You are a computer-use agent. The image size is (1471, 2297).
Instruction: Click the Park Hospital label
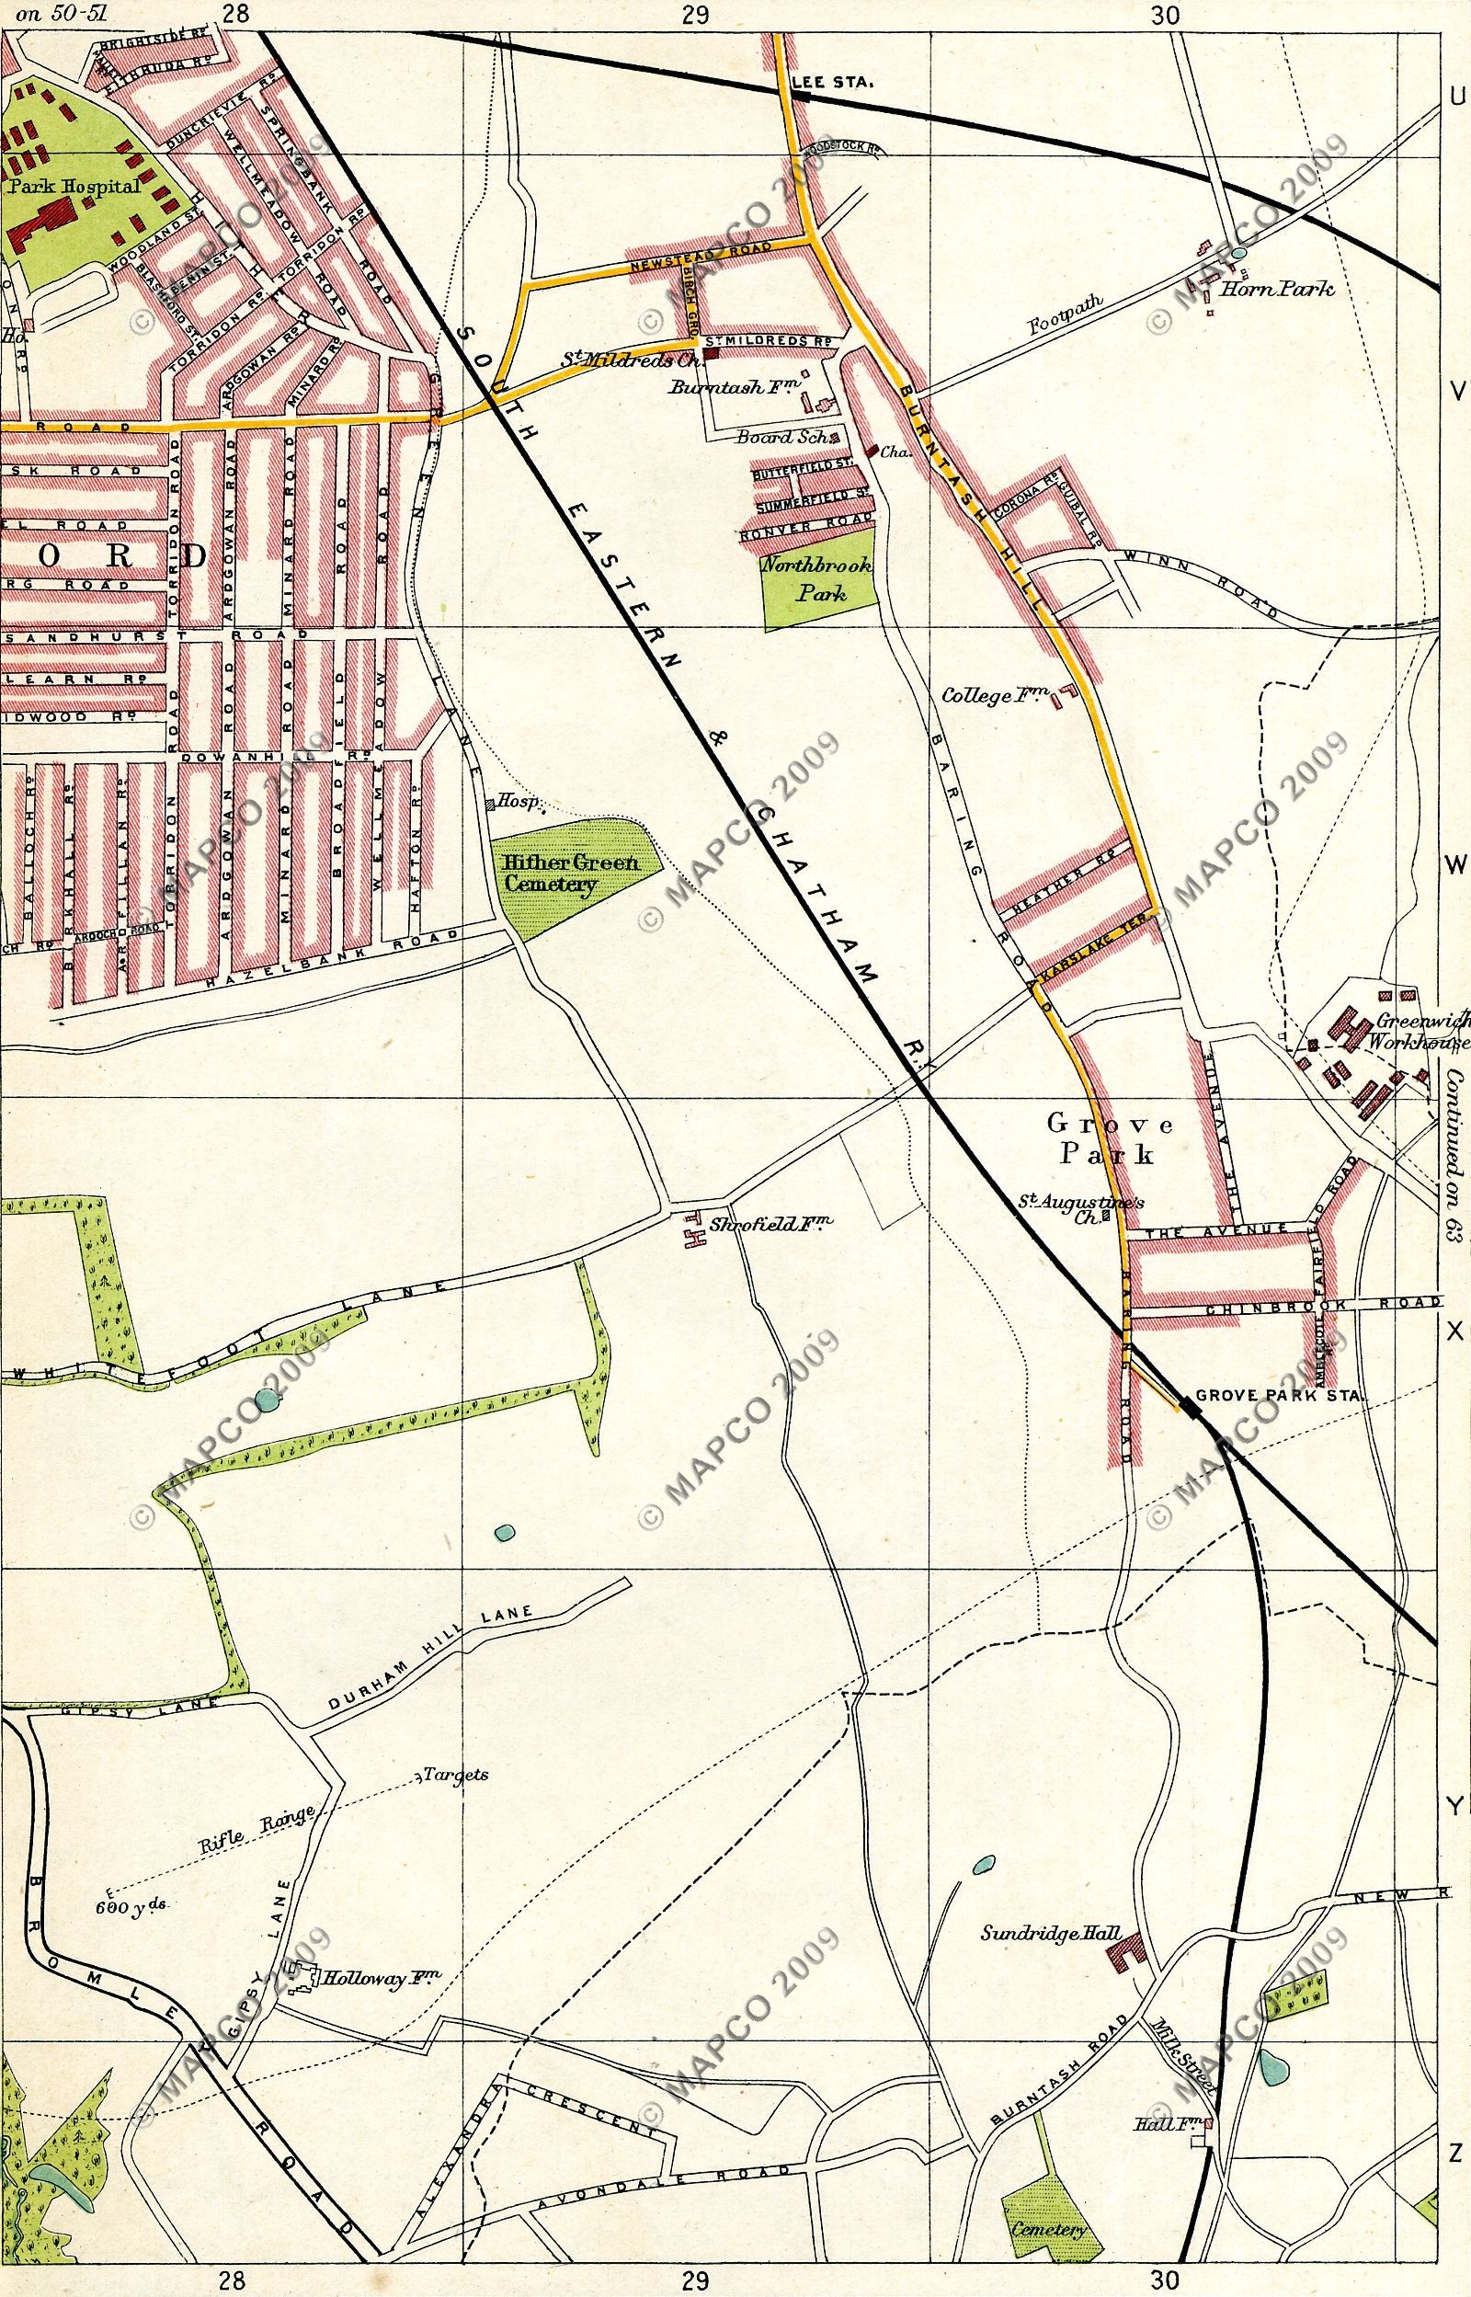[74, 188]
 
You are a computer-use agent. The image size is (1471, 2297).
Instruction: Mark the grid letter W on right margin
[1455, 865]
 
